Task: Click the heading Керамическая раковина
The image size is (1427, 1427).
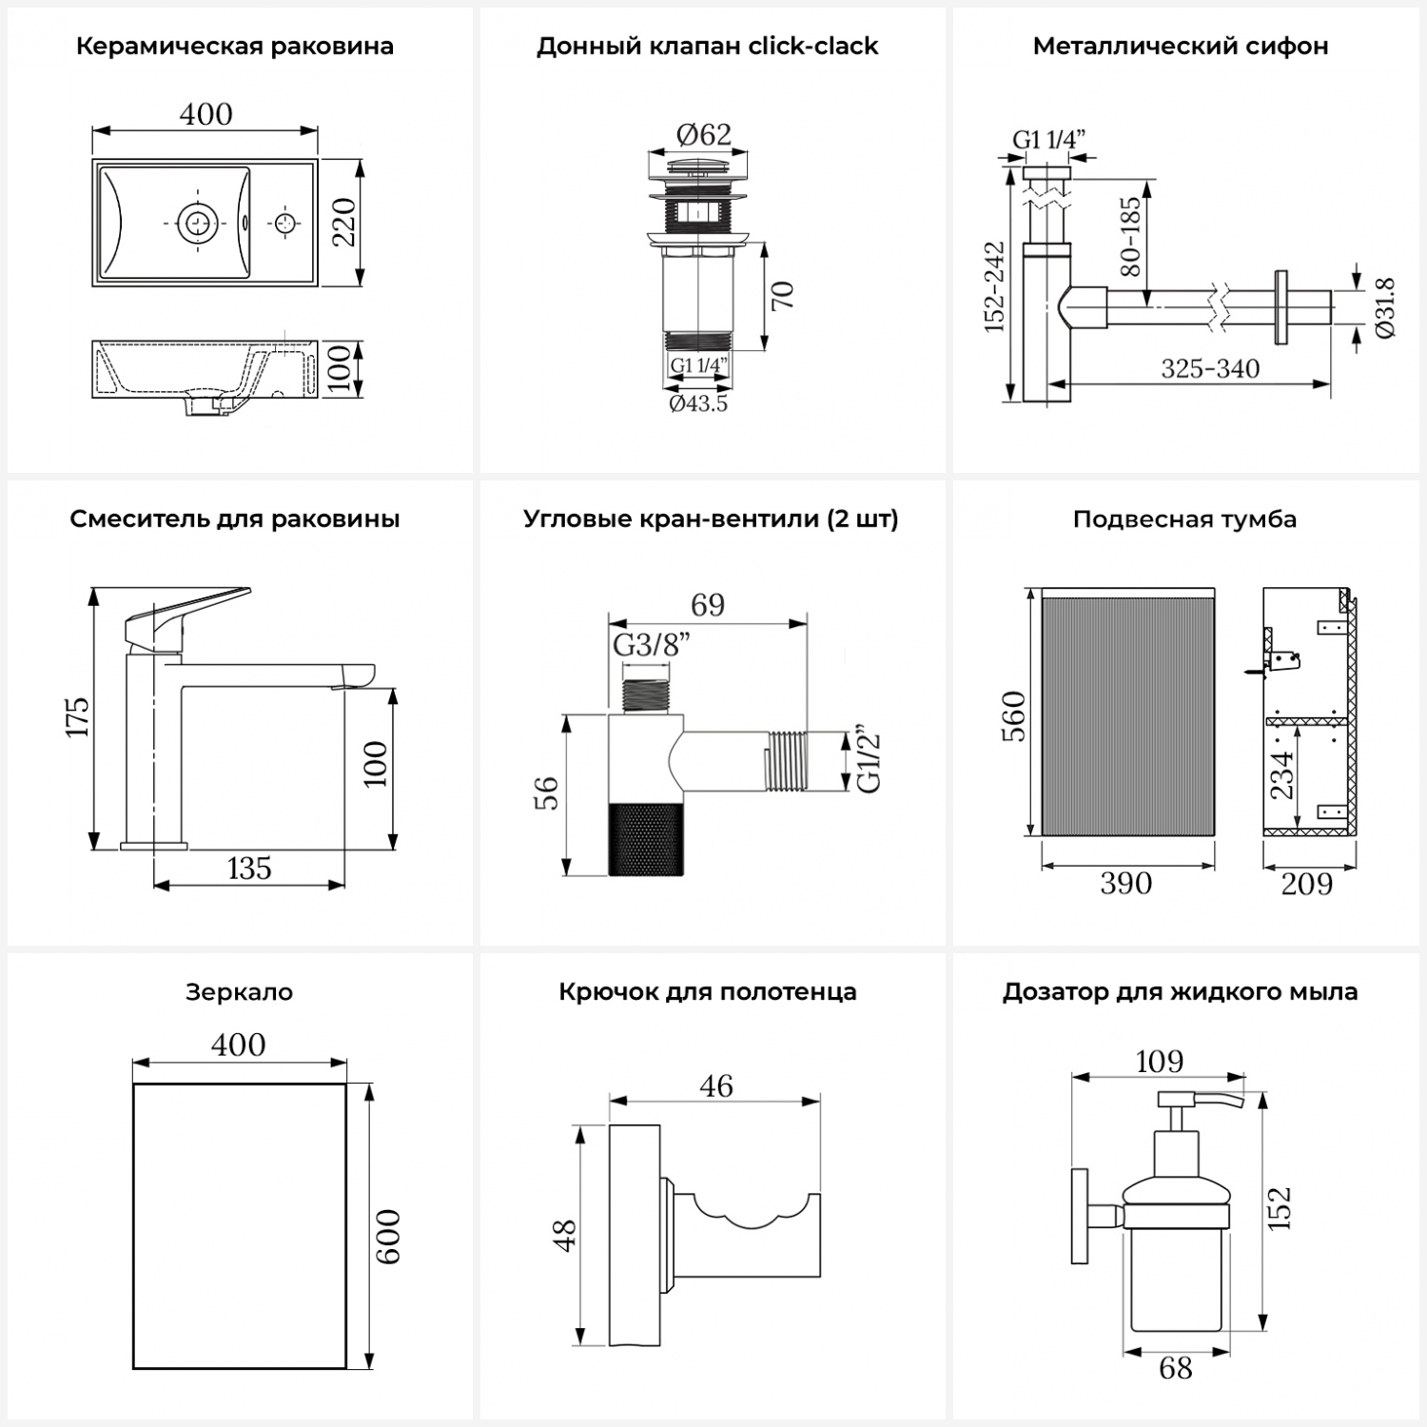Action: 234,47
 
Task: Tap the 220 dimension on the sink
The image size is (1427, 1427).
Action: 343,222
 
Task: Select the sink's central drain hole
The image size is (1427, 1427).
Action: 198,224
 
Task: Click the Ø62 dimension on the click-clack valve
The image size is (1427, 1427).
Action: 704,135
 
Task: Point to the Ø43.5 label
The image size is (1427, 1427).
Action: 698,403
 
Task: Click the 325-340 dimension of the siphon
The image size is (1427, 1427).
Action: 1210,368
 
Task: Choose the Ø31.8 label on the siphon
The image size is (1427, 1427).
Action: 1385,307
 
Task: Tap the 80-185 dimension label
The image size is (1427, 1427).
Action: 1130,236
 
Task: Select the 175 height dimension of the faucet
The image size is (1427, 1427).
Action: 77,716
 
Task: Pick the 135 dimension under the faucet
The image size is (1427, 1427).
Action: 249,868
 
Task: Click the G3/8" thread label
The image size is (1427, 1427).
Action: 652,645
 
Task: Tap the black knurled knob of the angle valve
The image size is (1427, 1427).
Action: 645,838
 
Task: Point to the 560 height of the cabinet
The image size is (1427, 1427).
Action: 1014,715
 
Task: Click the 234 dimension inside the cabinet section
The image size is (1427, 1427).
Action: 1282,774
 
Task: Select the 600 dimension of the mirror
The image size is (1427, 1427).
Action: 387,1237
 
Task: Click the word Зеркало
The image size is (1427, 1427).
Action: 239,992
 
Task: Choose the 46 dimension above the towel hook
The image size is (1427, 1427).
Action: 716,1085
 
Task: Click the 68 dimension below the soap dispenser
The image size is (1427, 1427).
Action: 1176,1368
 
